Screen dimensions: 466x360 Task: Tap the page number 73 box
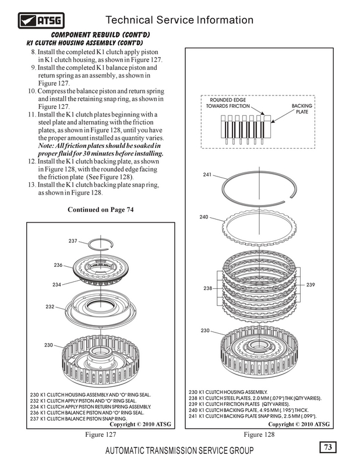[x=329, y=447]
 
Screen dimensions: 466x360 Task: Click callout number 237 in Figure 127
[x=73, y=241]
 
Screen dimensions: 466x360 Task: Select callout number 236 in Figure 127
[x=58, y=264]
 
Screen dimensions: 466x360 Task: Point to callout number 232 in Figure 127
[x=50, y=306]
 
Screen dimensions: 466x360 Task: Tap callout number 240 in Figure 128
[x=204, y=217]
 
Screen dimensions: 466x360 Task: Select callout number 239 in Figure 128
[x=310, y=284]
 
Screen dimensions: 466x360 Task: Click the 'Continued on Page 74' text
[x=101, y=210]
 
